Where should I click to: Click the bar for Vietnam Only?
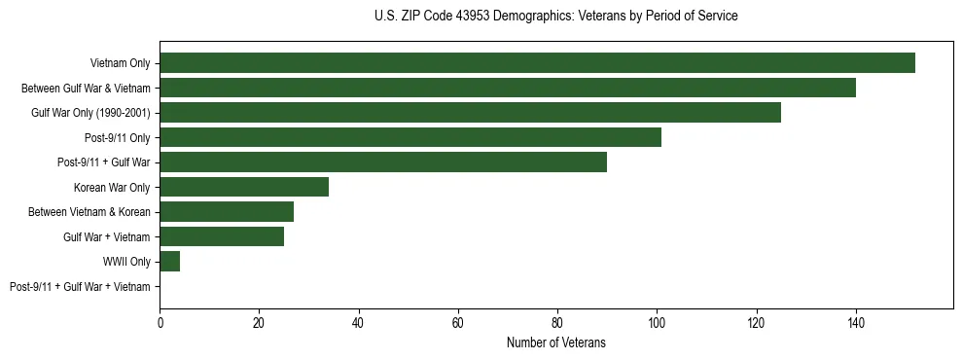pyautogui.click(x=537, y=63)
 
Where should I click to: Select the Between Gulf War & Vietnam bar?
pyautogui.click(x=508, y=88)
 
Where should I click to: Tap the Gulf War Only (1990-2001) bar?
pyautogui.click(x=470, y=113)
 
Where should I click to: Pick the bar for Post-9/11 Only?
pyautogui.click(x=410, y=137)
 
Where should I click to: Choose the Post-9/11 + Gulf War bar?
pyautogui.click(x=383, y=162)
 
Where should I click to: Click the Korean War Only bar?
pyautogui.click(x=244, y=187)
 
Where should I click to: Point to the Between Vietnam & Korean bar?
pyautogui.click(x=227, y=212)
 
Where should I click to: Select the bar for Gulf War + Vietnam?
pyautogui.click(x=222, y=236)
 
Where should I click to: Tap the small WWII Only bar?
pyautogui.click(x=170, y=262)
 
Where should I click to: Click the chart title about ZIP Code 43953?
pyautogui.click(x=555, y=17)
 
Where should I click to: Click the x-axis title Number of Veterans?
pyautogui.click(x=555, y=342)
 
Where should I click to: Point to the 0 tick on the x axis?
pyautogui.click(x=160, y=322)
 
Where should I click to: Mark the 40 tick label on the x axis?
pyautogui.click(x=359, y=322)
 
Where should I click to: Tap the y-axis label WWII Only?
pyautogui.click(x=126, y=262)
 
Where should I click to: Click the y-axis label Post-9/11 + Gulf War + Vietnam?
pyautogui.click(x=80, y=287)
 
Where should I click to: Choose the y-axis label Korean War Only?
pyautogui.click(x=112, y=187)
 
